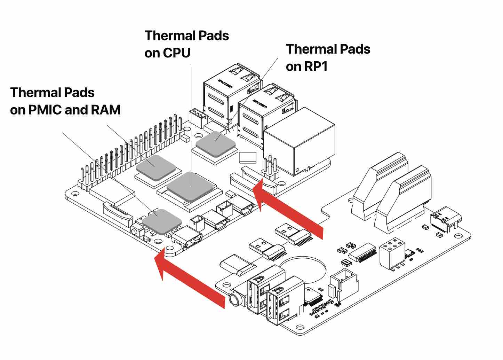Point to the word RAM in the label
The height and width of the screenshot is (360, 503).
click(106, 110)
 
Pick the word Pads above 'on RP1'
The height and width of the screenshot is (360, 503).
click(352, 49)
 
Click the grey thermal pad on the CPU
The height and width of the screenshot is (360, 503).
click(190, 186)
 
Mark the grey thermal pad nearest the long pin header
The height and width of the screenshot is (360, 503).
click(155, 167)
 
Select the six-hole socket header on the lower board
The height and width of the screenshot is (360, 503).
click(392, 251)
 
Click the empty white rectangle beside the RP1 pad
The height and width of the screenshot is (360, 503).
click(248, 157)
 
